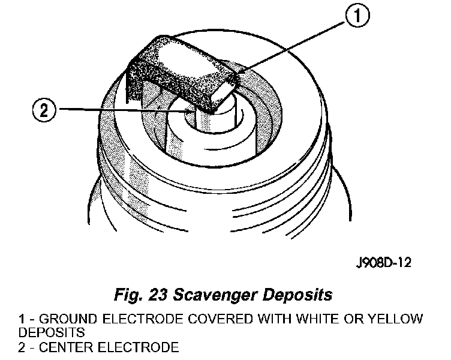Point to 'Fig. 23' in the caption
(x=143, y=295)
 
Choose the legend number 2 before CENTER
(x=22, y=347)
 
